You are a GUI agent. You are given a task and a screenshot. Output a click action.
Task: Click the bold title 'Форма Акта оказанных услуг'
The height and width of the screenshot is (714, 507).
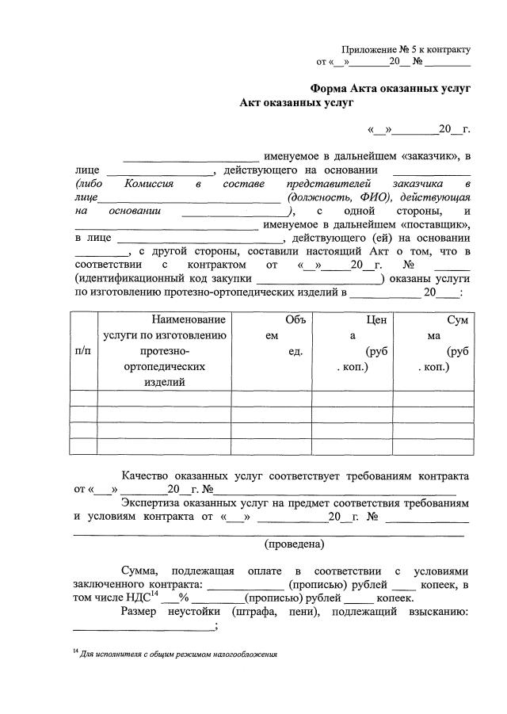pyautogui.click(x=390, y=89)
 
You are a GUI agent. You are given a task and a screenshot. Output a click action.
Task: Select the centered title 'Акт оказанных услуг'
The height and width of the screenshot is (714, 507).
pyautogui.click(x=296, y=103)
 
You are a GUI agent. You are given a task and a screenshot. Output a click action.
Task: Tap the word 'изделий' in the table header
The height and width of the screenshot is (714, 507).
pyautogui.click(x=165, y=383)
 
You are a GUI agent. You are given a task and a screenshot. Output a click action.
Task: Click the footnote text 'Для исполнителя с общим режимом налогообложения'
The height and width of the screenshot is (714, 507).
pyautogui.click(x=179, y=655)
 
